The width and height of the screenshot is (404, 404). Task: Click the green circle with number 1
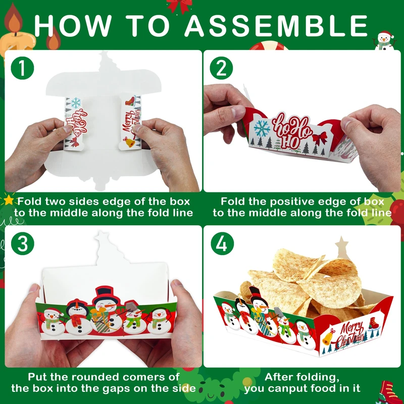[x=22, y=68]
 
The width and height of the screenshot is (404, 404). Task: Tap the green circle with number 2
[x=221, y=68]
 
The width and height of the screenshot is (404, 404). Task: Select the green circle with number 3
[x=22, y=244]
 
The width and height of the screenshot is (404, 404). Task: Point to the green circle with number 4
[x=222, y=244]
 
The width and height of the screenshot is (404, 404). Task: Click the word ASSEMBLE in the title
[x=276, y=26]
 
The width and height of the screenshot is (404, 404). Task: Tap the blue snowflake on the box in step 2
[x=262, y=128]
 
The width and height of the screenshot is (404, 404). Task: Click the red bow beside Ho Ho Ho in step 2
[x=320, y=138]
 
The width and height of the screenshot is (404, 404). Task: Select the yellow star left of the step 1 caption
[x=9, y=200]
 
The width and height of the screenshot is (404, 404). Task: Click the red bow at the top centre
[x=180, y=6]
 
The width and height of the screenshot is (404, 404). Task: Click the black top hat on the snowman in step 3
[x=106, y=294]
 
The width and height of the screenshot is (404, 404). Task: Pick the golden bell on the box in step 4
[x=328, y=338]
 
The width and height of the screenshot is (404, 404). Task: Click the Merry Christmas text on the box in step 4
[x=350, y=334]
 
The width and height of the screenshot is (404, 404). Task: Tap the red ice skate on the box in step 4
[x=374, y=323]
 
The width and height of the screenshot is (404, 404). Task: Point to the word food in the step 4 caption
[x=323, y=388]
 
